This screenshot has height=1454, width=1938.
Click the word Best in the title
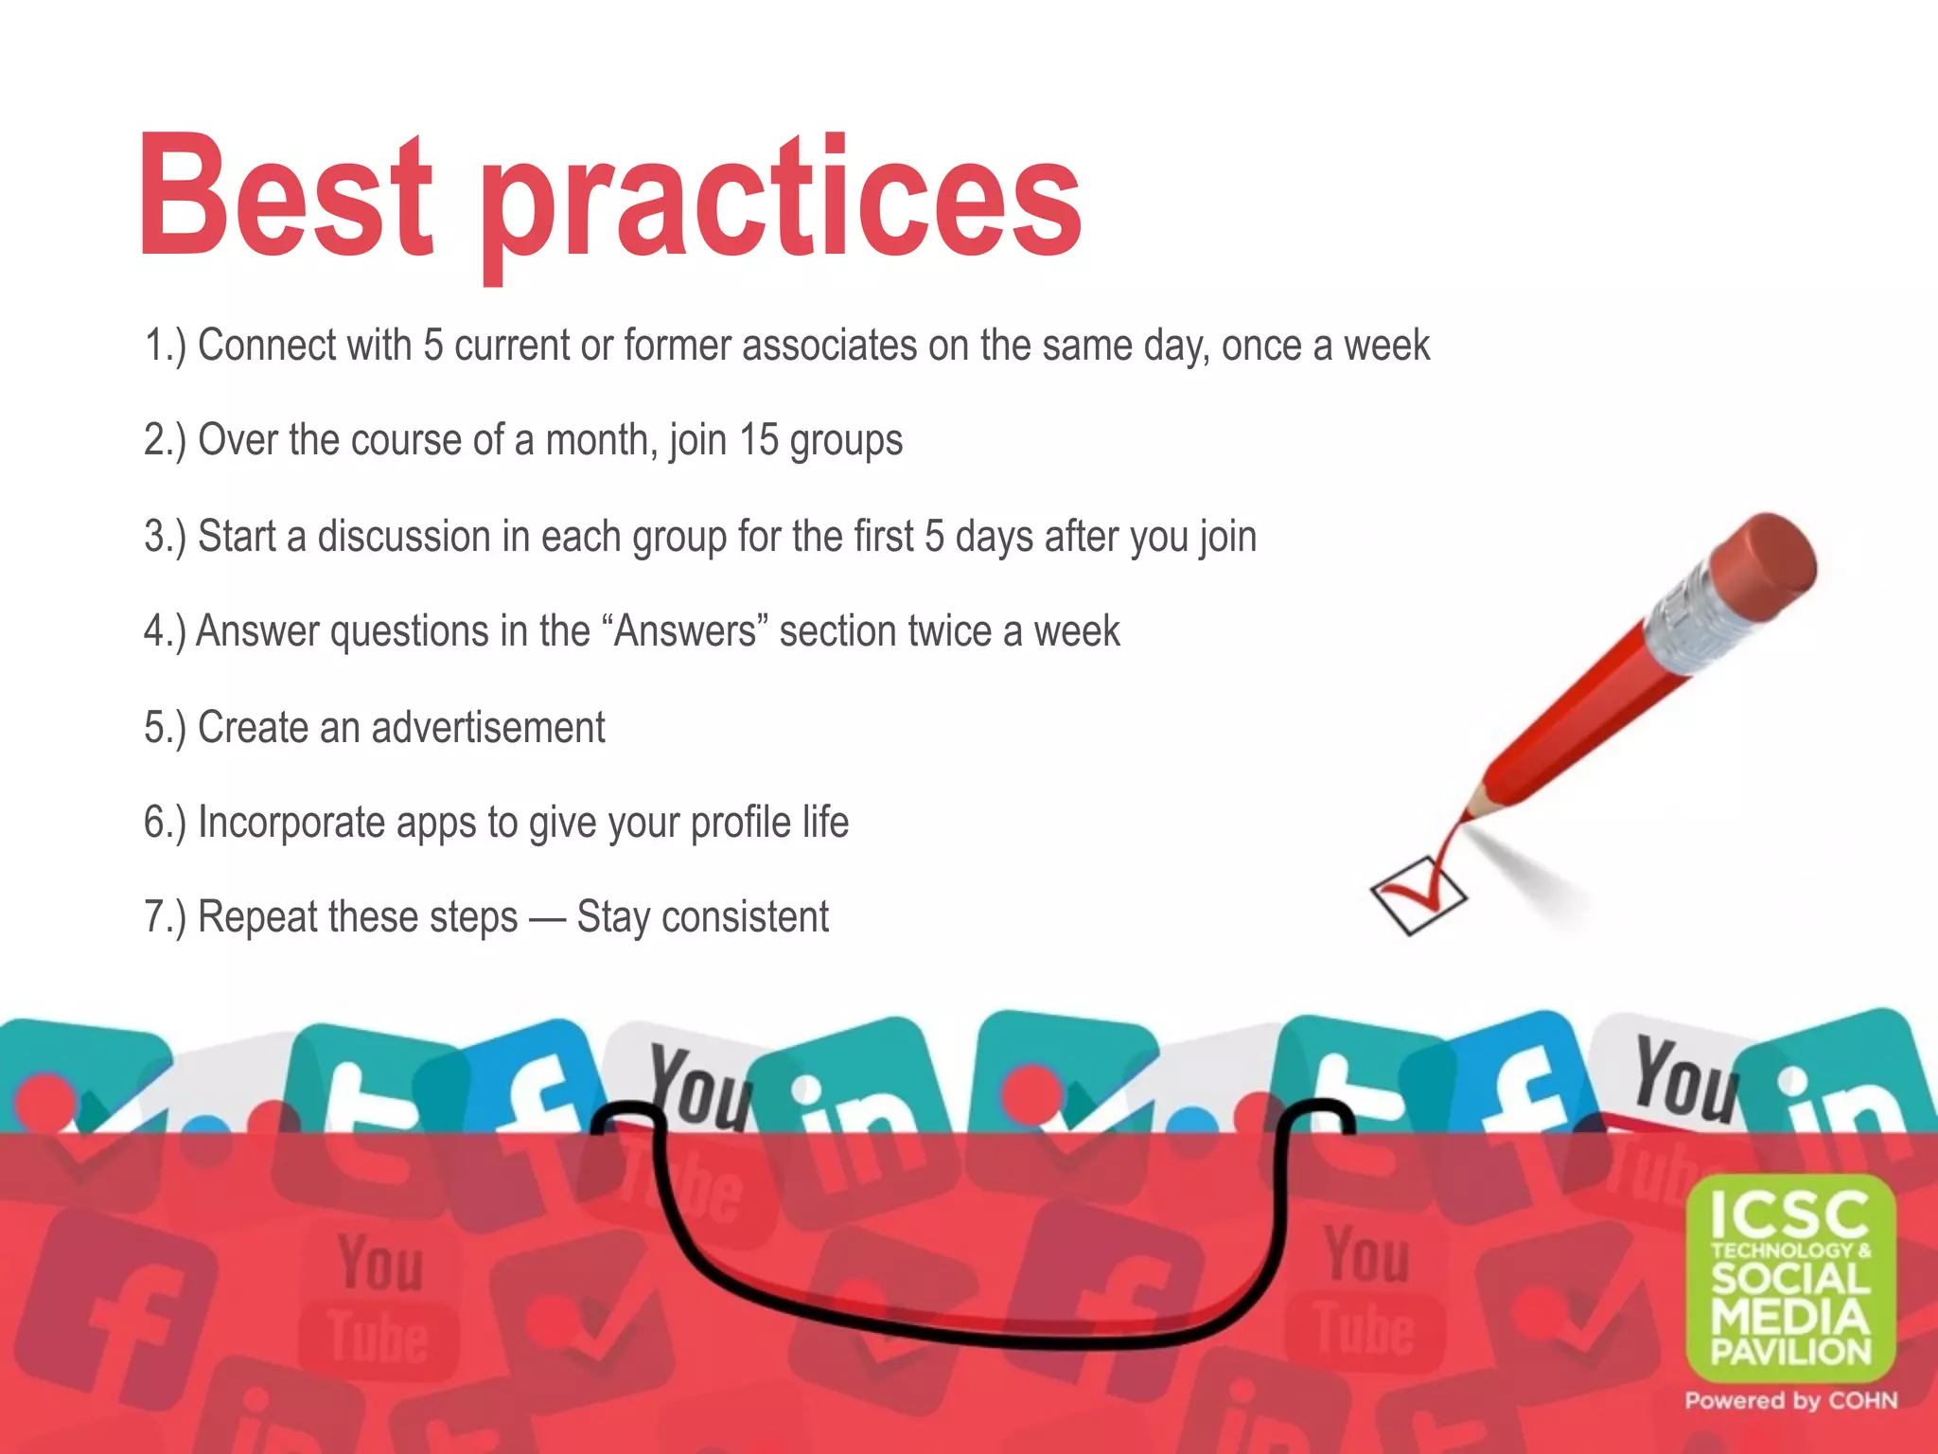(286, 196)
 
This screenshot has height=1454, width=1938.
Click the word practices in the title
(782, 204)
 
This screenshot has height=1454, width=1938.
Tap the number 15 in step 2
(758, 440)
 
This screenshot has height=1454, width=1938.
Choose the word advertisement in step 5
(487, 728)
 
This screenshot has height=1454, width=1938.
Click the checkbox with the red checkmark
(1418, 895)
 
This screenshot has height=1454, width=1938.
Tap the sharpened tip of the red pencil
(1470, 812)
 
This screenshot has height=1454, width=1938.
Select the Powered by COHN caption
(1790, 1401)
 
